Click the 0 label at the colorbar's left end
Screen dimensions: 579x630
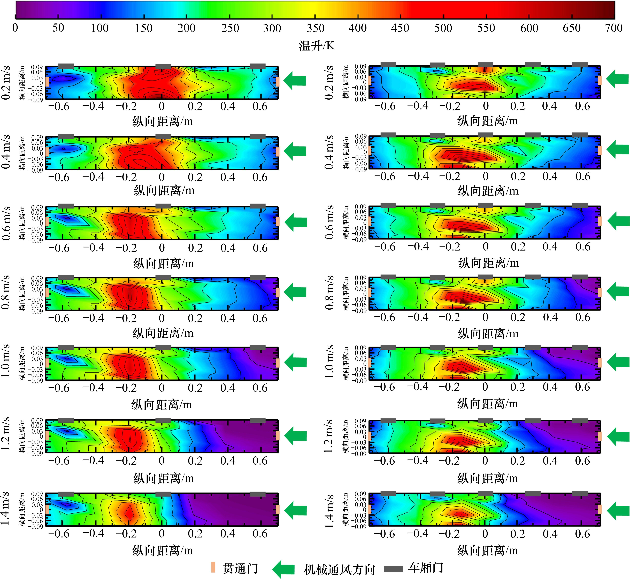tap(15, 28)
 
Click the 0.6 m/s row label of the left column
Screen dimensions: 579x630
tap(6, 223)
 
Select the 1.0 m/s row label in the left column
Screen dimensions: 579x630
tap(6, 361)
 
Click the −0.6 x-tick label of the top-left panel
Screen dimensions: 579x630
tap(59, 107)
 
